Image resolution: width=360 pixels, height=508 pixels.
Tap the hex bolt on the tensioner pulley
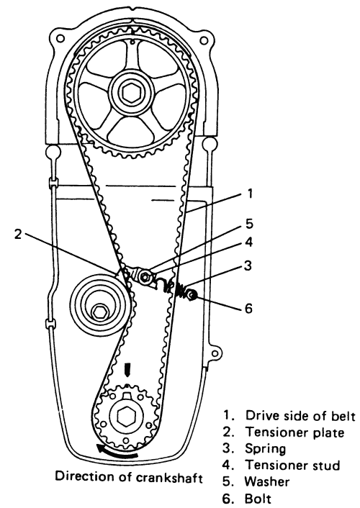(98, 312)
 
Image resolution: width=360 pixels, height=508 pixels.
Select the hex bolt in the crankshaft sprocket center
(125, 417)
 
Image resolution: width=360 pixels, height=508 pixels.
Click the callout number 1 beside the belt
(249, 194)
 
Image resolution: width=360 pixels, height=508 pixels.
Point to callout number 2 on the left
(18, 234)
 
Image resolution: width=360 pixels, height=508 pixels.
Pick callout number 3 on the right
(248, 266)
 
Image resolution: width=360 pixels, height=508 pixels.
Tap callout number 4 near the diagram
(248, 242)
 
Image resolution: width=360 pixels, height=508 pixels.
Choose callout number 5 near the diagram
(249, 224)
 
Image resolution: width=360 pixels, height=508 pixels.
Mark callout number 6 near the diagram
(248, 308)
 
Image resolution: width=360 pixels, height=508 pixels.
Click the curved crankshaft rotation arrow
(116, 453)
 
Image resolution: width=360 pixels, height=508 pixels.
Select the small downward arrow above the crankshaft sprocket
(127, 370)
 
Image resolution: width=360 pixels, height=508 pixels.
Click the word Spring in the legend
(265, 449)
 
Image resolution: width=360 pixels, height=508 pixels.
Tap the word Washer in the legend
(267, 482)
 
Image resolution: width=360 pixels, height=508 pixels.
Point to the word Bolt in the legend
(258, 498)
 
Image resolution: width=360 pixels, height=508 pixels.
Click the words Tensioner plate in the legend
(294, 432)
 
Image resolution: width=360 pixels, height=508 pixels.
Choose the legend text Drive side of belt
(300, 416)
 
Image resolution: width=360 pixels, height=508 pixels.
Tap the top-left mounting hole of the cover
(60, 38)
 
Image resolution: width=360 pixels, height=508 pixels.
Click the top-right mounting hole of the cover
(203, 40)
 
